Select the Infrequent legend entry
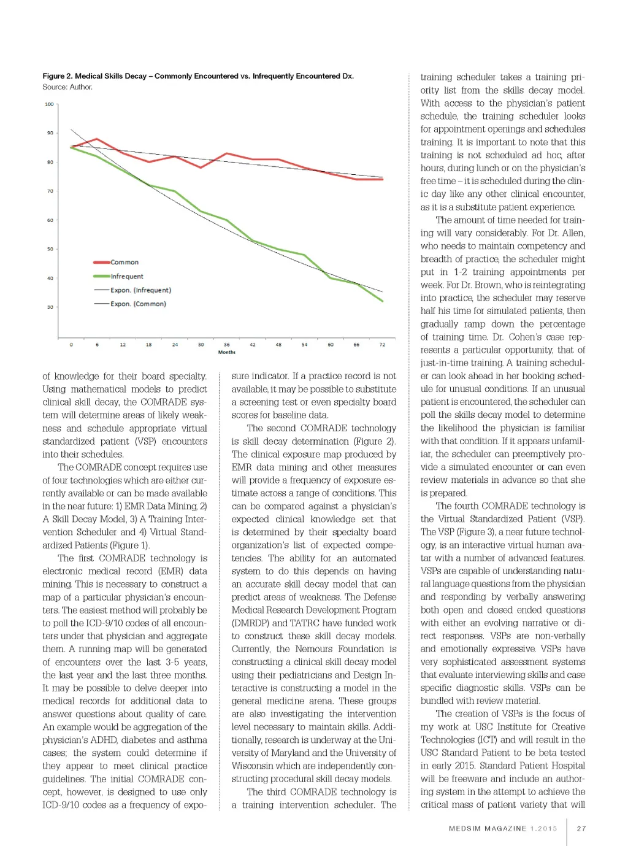click(126, 277)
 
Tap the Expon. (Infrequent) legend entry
click(140, 290)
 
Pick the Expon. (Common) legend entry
click(138, 304)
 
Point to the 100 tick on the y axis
click(49, 104)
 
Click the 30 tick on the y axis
click(50, 307)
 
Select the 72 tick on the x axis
click(382, 345)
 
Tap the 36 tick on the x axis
click(226, 345)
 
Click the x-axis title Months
click(226, 352)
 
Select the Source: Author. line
click(67, 87)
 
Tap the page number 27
click(581, 828)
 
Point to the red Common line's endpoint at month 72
click(383, 179)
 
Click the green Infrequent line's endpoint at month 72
click(383, 301)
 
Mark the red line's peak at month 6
click(97, 139)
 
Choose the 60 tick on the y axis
click(50, 220)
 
